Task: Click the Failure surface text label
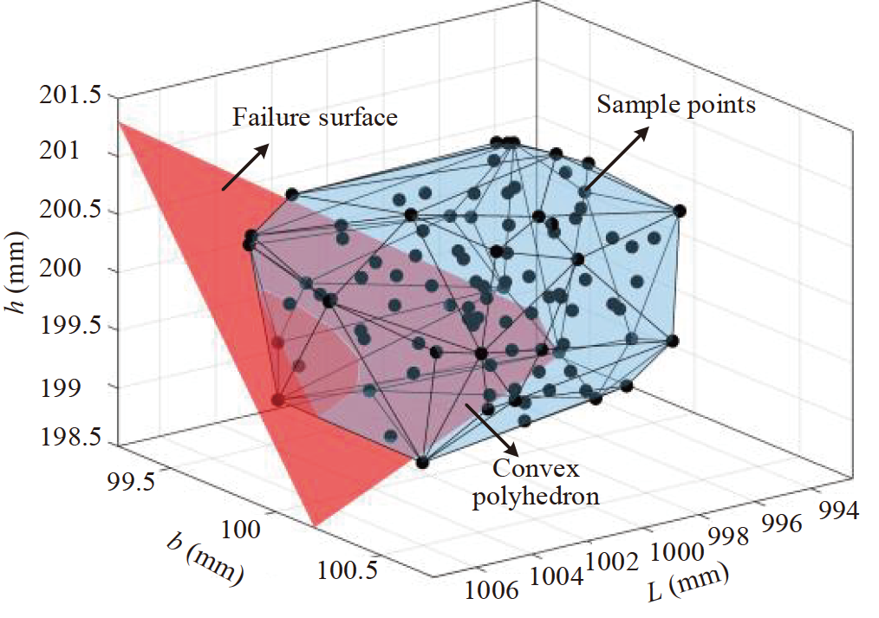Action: (x=315, y=117)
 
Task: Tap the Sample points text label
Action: (x=676, y=105)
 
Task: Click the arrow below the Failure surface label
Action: (x=244, y=166)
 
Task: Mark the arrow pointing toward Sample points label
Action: (x=614, y=159)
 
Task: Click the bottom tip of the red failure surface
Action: (x=316, y=524)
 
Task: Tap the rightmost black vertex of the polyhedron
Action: (x=680, y=210)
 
